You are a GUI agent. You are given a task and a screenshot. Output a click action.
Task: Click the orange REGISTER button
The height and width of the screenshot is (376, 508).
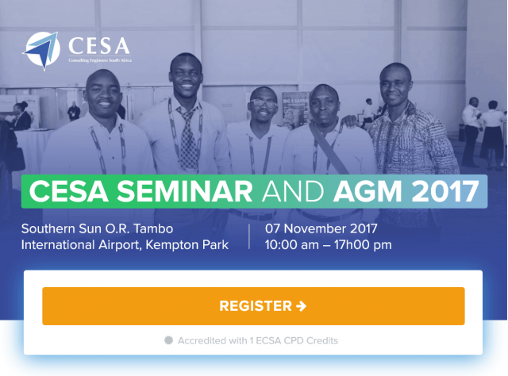[x=253, y=306]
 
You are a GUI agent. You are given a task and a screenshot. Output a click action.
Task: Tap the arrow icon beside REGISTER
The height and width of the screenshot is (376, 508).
[x=302, y=306]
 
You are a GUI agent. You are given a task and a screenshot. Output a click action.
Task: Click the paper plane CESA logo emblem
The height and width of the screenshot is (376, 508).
[x=42, y=51]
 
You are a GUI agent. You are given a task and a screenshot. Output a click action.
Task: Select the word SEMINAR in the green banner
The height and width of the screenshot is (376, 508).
[x=184, y=191]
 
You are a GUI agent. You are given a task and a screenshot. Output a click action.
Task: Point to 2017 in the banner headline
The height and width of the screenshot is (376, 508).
[x=445, y=191]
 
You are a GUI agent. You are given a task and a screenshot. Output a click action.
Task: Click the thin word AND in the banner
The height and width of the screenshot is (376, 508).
[x=293, y=191]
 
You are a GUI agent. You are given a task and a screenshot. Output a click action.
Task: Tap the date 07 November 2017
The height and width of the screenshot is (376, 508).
[x=321, y=228]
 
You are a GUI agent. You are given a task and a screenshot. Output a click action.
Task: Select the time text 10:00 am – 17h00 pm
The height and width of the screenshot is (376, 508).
[x=328, y=245]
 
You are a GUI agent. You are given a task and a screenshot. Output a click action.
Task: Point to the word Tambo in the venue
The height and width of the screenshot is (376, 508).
[x=153, y=228]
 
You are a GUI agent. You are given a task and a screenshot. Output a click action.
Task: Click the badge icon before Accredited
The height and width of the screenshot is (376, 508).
[x=168, y=340]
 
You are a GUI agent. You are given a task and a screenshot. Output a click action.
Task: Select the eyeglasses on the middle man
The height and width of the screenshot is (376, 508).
[x=264, y=104]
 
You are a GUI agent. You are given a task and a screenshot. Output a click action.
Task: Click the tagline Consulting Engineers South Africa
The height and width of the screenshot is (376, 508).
[x=100, y=60]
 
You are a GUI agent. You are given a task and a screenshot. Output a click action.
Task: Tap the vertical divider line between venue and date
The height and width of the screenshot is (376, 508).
[x=249, y=236]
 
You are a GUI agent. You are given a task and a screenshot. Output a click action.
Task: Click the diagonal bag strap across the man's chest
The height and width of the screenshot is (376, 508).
[x=329, y=149]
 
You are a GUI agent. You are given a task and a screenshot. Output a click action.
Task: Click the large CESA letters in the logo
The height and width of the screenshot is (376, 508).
[x=99, y=46]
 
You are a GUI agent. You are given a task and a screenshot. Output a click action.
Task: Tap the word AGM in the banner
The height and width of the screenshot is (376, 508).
[x=368, y=191]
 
